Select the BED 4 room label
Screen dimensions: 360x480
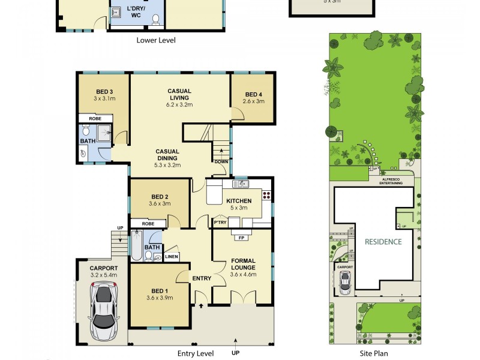click(254, 94)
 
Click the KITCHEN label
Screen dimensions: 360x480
click(238, 201)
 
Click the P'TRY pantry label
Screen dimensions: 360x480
click(220, 223)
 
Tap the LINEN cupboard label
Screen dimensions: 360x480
click(171, 257)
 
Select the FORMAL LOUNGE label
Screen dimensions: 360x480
click(243, 264)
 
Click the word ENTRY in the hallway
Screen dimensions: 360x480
click(202, 278)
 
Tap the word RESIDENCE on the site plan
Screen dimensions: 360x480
click(383, 242)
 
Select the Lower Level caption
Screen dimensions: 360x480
click(156, 40)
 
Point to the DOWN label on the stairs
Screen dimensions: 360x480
click(221, 161)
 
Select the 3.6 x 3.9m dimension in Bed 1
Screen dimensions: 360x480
click(160, 298)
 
